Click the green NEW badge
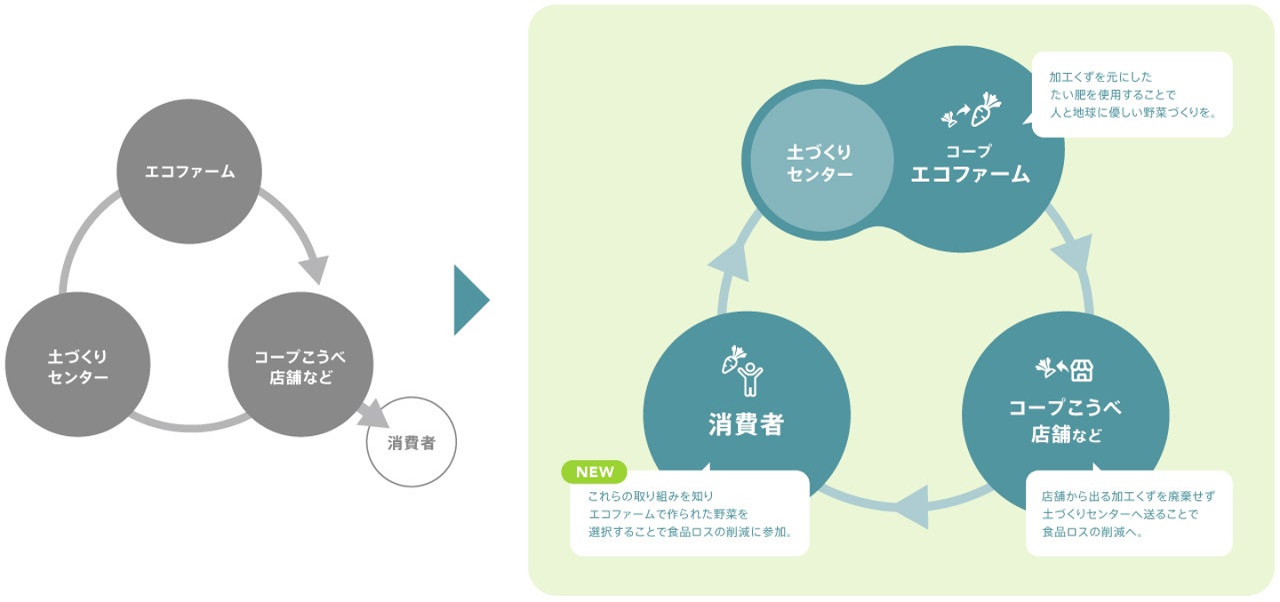(596, 471)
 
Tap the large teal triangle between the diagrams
(469, 299)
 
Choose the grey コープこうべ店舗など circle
(300, 366)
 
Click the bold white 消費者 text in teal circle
(746, 425)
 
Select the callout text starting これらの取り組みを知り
(689, 513)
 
